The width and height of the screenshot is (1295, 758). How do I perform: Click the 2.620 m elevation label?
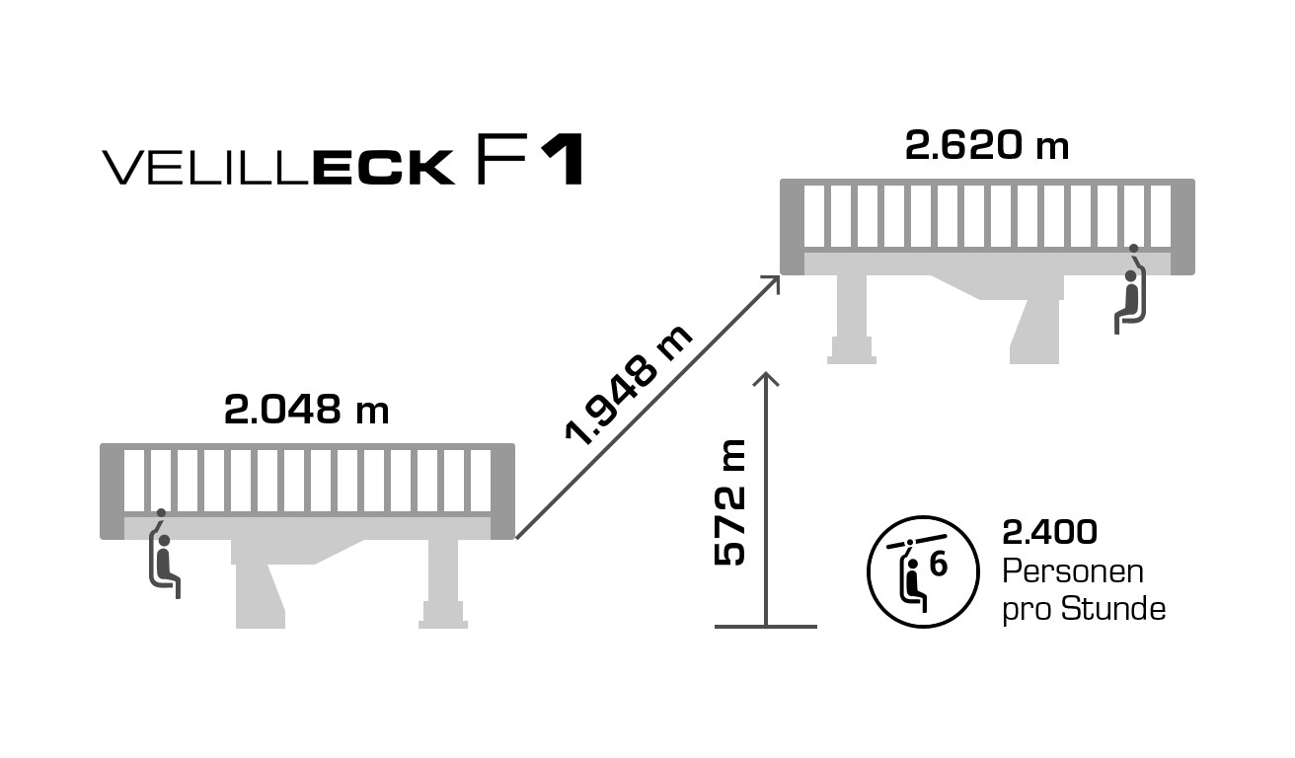[986, 146]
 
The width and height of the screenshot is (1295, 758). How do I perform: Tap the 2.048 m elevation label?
[307, 410]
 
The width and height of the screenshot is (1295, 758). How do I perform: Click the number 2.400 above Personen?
[1049, 533]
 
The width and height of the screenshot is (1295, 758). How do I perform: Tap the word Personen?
[1073, 571]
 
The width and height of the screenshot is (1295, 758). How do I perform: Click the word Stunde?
[1113, 609]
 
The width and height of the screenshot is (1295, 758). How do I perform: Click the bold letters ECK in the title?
[384, 168]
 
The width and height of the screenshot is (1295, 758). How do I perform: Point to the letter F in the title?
[495, 160]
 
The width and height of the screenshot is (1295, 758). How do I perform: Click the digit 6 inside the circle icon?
[939, 566]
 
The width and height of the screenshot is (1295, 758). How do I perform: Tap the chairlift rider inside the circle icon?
[914, 579]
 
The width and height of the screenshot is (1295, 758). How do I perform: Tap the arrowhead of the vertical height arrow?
[766, 378]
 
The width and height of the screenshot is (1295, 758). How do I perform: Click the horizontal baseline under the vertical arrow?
[766, 627]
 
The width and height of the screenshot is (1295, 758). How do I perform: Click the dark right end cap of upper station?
[1182, 227]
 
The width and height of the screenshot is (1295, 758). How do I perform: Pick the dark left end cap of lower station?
[112, 492]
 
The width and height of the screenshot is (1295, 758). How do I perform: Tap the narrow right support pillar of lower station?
[443, 582]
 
